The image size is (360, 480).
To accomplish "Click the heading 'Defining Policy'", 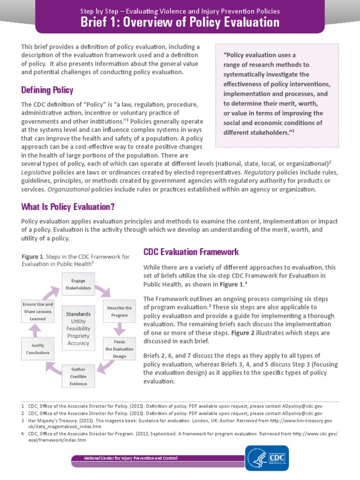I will (x=47, y=90).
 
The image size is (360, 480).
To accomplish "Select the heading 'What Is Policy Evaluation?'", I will (x=68, y=207).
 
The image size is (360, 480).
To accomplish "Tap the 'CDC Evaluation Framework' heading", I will (x=191, y=252).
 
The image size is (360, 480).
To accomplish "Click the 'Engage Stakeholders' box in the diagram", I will (x=78, y=284).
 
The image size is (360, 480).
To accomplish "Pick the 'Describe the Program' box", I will (x=119, y=311).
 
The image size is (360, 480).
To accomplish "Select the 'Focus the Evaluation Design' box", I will (x=119, y=349).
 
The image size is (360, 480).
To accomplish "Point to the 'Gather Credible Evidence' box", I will (x=78, y=375).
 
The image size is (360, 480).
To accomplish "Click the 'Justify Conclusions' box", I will (x=37, y=349).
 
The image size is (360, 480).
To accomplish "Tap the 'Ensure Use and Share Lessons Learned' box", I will (x=38, y=311).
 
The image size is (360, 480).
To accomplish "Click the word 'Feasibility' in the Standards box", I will (x=78, y=329).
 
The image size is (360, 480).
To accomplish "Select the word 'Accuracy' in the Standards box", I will (x=78, y=343).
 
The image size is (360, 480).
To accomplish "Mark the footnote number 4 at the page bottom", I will (x=22, y=434).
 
